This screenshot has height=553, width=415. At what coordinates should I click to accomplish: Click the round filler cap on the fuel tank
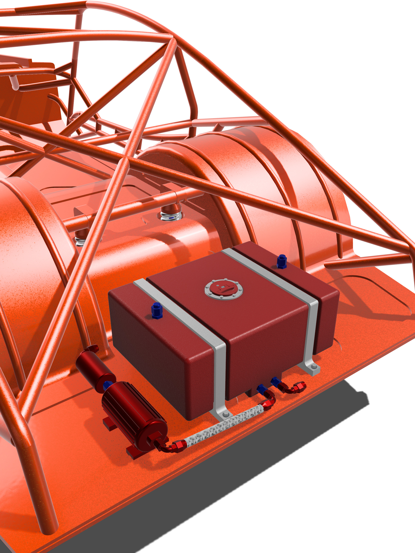pos(224,289)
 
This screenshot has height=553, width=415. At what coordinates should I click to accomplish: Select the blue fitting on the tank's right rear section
pos(282,262)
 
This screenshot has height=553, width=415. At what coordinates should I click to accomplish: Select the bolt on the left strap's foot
pos(226,415)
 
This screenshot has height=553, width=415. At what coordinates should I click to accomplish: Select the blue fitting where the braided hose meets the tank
pos(262,389)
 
